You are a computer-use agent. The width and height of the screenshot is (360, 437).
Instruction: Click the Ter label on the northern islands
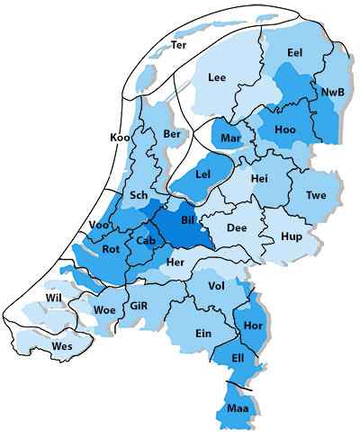point(179,44)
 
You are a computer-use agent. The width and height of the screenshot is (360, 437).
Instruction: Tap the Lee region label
point(217,77)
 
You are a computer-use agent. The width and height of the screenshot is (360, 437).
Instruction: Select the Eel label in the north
point(294,53)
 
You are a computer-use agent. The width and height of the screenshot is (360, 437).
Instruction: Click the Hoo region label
point(285,130)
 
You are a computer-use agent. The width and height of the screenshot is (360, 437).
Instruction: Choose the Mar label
point(230,138)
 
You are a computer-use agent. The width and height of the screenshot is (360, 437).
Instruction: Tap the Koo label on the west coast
point(119,137)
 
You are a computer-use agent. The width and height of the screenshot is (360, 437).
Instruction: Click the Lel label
point(202,173)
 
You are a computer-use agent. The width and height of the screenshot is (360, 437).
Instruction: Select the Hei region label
point(260,179)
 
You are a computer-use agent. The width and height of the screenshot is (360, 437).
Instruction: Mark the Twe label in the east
point(316,195)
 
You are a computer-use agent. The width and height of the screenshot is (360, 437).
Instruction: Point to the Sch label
point(139,195)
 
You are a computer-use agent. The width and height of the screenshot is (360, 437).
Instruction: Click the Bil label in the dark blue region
point(188,219)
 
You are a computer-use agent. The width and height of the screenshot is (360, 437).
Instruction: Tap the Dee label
point(237,228)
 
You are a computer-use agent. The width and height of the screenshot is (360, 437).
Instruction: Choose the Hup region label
point(291,236)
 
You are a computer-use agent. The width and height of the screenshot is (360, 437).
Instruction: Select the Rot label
point(112,249)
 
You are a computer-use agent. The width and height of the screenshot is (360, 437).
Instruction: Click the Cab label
point(146,241)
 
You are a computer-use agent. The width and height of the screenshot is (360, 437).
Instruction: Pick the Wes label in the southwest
point(62,345)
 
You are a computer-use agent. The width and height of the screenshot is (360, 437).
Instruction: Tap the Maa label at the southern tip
point(238,409)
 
